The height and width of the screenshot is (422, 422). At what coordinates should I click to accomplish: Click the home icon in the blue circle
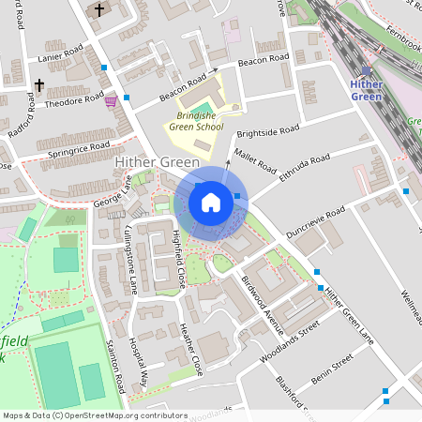pos(210,202)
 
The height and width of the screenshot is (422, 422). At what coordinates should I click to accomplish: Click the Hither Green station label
pos(366,90)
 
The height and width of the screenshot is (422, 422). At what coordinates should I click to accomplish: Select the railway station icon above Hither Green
pos(366,70)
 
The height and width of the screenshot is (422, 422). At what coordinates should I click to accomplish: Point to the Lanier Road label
pos(63,57)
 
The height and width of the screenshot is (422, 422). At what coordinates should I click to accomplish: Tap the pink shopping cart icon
pos(111,99)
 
